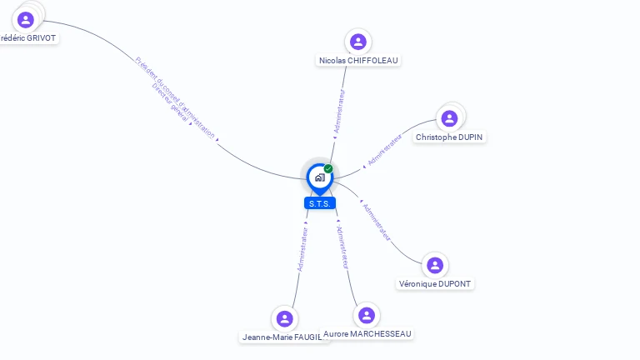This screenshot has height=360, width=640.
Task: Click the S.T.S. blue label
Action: click(x=320, y=203)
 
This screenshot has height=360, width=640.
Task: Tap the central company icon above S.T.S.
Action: click(x=319, y=177)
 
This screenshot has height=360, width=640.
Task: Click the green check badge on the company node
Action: click(x=328, y=169)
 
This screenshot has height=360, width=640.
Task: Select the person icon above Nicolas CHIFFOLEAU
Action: click(x=358, y=42)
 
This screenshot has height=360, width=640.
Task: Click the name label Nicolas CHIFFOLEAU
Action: click(x=359, y=61)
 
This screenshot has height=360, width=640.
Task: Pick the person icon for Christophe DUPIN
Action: click(x=449, y=118)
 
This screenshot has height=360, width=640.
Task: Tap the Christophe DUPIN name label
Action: click(x=450, y=137)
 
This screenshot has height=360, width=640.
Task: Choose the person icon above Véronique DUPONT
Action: click(x=434, y=265)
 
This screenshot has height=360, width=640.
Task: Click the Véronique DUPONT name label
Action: click(x=435, y=284)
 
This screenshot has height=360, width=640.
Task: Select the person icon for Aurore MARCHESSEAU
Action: click(x=366, y=315)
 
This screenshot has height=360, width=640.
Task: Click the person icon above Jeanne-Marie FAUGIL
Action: click(x=285, y=318)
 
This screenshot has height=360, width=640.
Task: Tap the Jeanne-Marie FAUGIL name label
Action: click(x=282, y=337)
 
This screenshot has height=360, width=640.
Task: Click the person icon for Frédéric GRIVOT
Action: click(x=26, y=19)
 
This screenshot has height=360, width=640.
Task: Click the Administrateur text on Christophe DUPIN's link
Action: click(x=385, y=147)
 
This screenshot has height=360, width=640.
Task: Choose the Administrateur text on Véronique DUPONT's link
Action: click(x=377, y=222)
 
